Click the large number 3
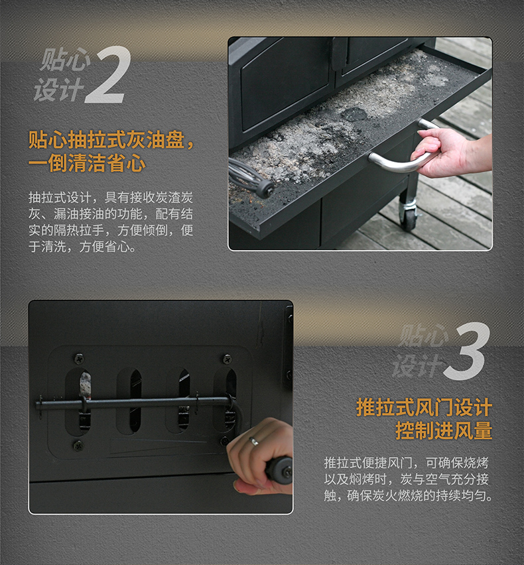(x=467, y=351)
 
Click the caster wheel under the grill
(x=408, y=217)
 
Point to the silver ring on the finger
(x=254, y=441)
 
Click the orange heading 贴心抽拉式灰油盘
(x=107, y=140)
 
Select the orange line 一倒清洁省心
(x=87, y=164)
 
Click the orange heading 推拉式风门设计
(x=424, y=407)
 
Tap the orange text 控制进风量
(x=444, y=430)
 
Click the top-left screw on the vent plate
(x=79, y=359)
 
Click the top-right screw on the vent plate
(x=227, y=359)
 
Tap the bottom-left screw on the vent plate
(x=78, y=446)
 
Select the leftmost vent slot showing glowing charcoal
(x=84, y=400)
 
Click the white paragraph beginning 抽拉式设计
(x=111, y=222)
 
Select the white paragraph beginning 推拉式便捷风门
(x=408, y=479)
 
